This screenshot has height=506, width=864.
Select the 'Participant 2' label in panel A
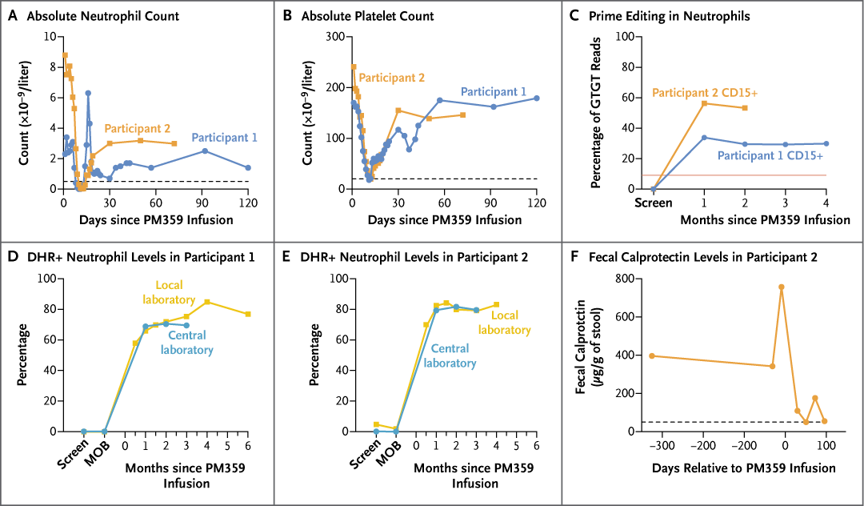(x=137, y=128)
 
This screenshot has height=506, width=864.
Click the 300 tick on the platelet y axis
(x=335, y=37)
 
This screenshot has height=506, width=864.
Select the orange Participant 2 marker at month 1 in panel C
(x=704, y=103)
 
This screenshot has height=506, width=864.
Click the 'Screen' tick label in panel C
(x=654, y=203)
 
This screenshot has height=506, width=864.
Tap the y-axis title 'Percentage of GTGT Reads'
(x=596, y=113)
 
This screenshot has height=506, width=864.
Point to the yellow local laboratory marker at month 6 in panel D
(x=248, y=314)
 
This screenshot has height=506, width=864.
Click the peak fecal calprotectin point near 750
(x=781, y=287)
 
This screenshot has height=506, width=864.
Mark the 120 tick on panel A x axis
(x=248, y=203)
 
